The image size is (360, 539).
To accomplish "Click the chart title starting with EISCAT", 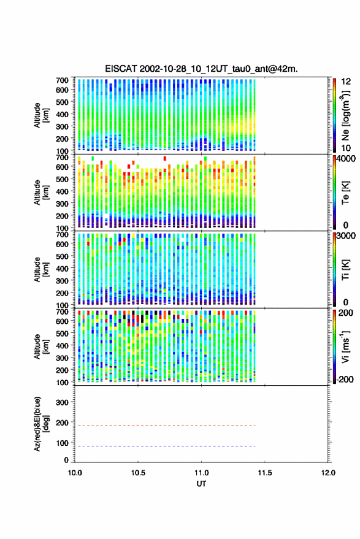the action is click(201, 69).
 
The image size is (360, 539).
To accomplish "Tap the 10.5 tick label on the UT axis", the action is click(138, 473).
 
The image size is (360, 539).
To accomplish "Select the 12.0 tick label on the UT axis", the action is click(328, 473).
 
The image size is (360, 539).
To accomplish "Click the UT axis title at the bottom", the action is click(201, 484).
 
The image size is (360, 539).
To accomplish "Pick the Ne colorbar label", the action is click(345, 115).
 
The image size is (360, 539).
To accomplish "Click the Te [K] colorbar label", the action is click(345, 193).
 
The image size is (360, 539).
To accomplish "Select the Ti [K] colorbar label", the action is click(345, 270).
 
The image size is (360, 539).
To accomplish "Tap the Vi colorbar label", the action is click(345, 346).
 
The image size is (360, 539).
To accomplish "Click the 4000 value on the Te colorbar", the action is click(345, 159).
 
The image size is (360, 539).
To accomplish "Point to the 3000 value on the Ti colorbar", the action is click(345, 236).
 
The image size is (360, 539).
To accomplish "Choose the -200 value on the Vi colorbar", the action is click(345, 379).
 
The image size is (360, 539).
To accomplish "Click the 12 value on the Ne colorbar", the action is click(346, 82).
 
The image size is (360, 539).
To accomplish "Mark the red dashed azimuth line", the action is click(165, 426).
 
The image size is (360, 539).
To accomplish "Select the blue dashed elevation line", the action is click(165, 446).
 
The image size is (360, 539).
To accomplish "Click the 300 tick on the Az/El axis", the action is click(62, 402).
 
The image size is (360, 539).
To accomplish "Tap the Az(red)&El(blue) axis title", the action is click(41, 424).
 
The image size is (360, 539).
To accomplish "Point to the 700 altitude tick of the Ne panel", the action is click(62, 80).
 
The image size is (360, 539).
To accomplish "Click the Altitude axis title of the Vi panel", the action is click(41, 346).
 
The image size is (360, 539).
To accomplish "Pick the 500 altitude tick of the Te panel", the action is click(62, 179).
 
